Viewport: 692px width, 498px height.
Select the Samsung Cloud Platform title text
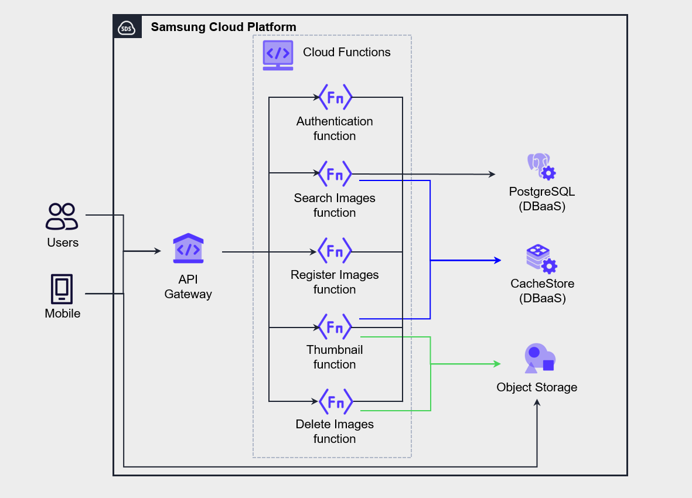tap(223, 27)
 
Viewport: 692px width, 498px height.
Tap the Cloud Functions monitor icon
tap(278, 55)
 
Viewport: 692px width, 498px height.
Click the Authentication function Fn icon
tap(335, 97)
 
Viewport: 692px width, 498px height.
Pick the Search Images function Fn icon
tap(335, 173)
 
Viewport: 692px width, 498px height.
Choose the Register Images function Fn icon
tap(335, 250)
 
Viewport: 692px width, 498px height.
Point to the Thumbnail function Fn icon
tap(335, 326)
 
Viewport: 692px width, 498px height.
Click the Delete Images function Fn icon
tap(335, 401)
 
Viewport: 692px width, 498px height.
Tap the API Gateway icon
tap(188, 249)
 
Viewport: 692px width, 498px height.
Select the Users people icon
tap(62, 216)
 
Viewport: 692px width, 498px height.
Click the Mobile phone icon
tap(62, 288)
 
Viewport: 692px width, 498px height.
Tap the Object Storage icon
tap(539, 359)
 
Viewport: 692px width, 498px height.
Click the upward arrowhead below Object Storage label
tap(537, 403)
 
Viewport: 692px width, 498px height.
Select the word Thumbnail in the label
tap(335, 350)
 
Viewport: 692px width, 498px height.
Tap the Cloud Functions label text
tap(346, 52)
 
